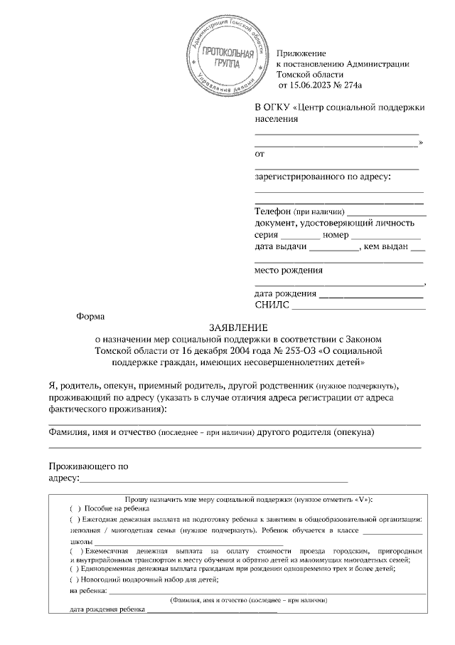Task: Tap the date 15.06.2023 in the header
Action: (316, 85)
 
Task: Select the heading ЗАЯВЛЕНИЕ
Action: (238, 328)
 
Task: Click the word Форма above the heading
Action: (90, 317)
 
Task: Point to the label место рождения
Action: (289, 270)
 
